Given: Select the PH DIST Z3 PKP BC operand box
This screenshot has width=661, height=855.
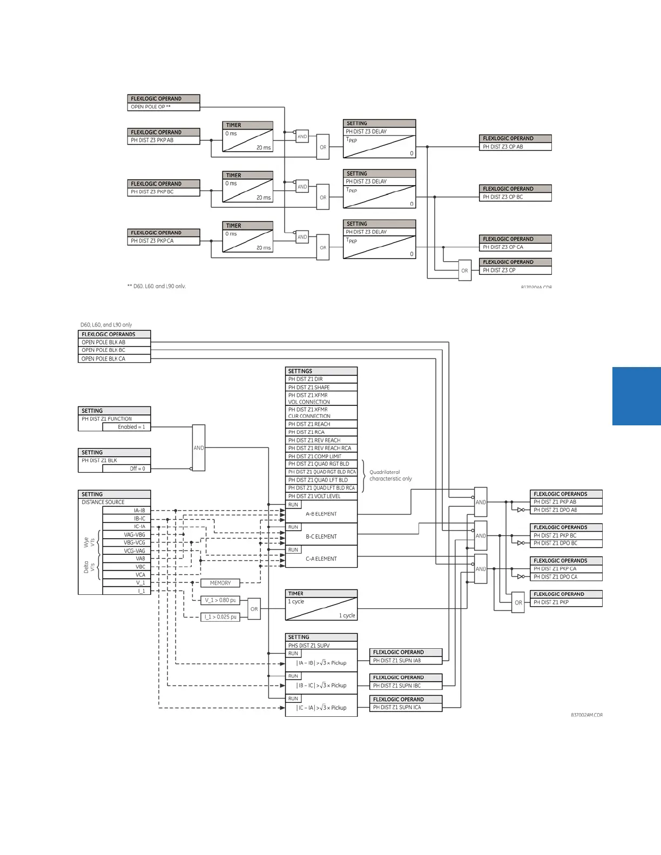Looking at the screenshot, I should (164, 192).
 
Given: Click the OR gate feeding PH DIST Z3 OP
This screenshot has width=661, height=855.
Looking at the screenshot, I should (464, 270).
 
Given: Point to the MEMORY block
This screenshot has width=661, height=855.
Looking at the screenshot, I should (220, 583).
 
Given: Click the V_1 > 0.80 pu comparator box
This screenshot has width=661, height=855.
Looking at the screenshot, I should (220, 600).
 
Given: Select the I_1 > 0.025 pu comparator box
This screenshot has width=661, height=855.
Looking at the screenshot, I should (220, 617).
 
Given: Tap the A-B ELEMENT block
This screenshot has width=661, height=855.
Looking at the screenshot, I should (321, 514).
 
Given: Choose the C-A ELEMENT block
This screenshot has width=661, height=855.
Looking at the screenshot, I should (321, 559).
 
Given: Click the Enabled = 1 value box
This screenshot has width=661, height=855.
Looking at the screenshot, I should (126, 427).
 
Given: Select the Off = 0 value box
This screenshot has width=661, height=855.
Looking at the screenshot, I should (126, 469).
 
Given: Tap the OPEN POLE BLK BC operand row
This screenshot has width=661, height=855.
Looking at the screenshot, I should (114, 350).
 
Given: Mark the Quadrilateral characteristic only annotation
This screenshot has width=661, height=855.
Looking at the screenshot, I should (390, 476).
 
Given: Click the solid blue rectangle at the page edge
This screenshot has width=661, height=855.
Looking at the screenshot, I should (637, 396).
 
